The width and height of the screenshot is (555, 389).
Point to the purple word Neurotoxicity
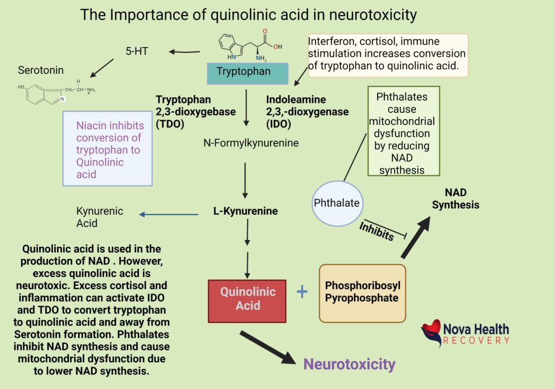(349, 364)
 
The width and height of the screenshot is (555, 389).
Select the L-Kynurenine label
(246, 211)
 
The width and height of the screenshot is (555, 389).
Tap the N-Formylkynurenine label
(243, 143)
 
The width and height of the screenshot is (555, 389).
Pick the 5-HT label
(138, 52)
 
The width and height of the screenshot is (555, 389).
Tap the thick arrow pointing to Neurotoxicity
(267, 348)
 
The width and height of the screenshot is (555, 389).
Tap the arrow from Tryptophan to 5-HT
(184, 52)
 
